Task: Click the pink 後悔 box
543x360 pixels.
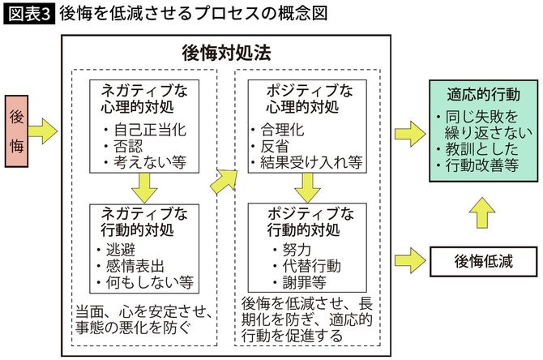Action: click(x=19, y=129)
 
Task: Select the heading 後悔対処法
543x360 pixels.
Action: click(x=225, y=54)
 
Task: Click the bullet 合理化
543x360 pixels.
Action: click(x=284, y=130)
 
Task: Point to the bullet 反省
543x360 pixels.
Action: click(x=276, y=146)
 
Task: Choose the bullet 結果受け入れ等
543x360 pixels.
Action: click(x=307, y=162)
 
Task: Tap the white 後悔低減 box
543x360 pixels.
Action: click(x=483, y=261)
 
